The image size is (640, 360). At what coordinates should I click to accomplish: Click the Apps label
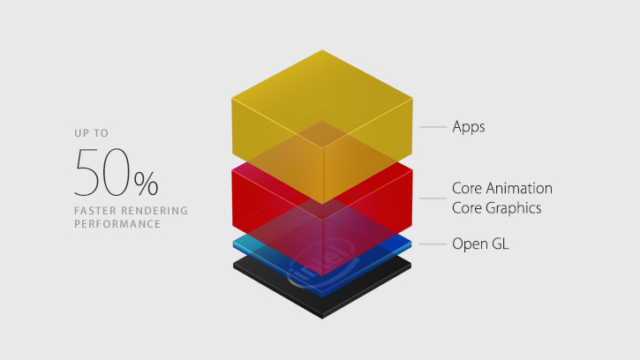tap(469, 127)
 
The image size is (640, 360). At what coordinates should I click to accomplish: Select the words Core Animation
tap(502, 188)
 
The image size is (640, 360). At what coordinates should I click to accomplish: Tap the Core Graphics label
tap(497, 208)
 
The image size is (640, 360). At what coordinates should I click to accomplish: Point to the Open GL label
tap(480, 244)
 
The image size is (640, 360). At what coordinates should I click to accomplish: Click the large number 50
tap(102, 172)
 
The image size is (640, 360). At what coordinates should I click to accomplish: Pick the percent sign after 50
tap(147, 184)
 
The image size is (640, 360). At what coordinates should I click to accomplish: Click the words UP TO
tap(92, 133)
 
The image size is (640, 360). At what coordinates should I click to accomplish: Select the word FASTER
tap(95, 211)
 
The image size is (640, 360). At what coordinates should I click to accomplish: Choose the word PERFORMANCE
tap(117, 224)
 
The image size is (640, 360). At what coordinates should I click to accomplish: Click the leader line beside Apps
tap(433, 127)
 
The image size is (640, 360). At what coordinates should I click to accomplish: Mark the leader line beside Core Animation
tap(433, 199)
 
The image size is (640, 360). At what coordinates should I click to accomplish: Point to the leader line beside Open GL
tap(433, 244)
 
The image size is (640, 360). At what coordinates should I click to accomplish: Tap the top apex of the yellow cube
tap(322, 50)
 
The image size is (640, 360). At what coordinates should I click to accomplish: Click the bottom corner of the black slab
tap(322, 318)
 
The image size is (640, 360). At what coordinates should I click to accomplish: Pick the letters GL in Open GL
tap(501, 244)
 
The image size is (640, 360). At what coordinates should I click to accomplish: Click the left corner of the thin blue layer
tap(233, 244)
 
